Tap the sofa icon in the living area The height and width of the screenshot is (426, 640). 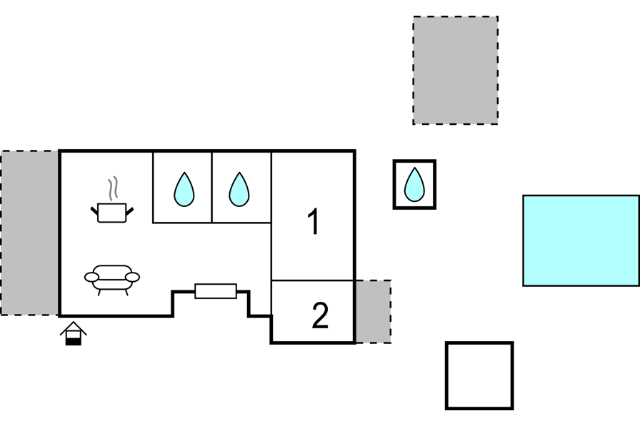[112, 280]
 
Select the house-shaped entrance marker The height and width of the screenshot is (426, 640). [74, 333]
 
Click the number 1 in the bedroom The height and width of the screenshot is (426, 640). [313, 221]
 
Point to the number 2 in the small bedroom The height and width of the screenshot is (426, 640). [320, 315]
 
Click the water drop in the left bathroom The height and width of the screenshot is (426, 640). [184, 189]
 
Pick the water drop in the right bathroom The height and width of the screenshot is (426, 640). [239, 189]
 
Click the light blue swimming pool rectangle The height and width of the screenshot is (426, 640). [581, 240]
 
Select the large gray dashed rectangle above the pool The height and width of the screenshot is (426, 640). [455, 70]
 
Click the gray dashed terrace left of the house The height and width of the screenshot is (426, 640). [29, 233]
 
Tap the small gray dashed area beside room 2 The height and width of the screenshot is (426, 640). [373, 311]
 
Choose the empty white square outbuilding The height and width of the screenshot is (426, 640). [479, 375]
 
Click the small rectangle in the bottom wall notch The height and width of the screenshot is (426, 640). [216, 291]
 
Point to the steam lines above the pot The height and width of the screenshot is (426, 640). [113, 188]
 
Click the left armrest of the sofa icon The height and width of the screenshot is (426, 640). [91, 277]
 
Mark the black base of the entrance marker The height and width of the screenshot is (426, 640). [74, 342]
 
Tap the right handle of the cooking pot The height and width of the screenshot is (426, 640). [130, 212]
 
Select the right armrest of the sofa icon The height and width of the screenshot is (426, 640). [132, 277]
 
